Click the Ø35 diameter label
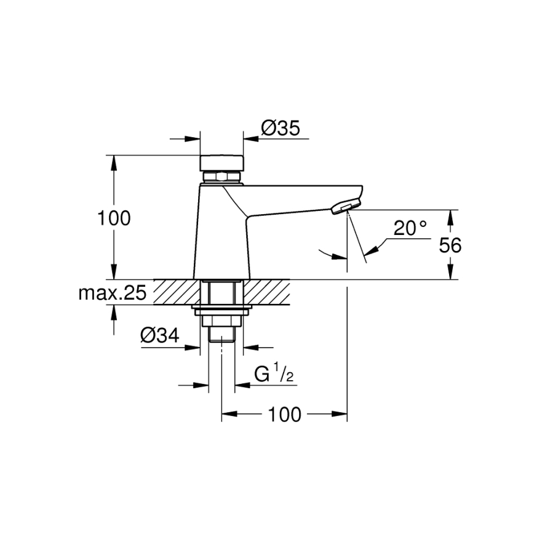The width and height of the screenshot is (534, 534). coord(281,129)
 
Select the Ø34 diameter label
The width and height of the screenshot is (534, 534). coord(160,336)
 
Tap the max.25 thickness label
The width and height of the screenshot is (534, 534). coord(113,293)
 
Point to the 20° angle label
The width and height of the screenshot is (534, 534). coord(410,228)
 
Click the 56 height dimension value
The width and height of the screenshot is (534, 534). coord(450,245)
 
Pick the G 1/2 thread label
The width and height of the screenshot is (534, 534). coord(274,373)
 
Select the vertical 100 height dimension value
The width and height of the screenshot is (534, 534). coord(114,218)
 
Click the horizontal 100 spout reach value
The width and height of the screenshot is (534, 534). coord(285,415)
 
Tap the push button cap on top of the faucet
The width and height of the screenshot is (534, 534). coord(221,163)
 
